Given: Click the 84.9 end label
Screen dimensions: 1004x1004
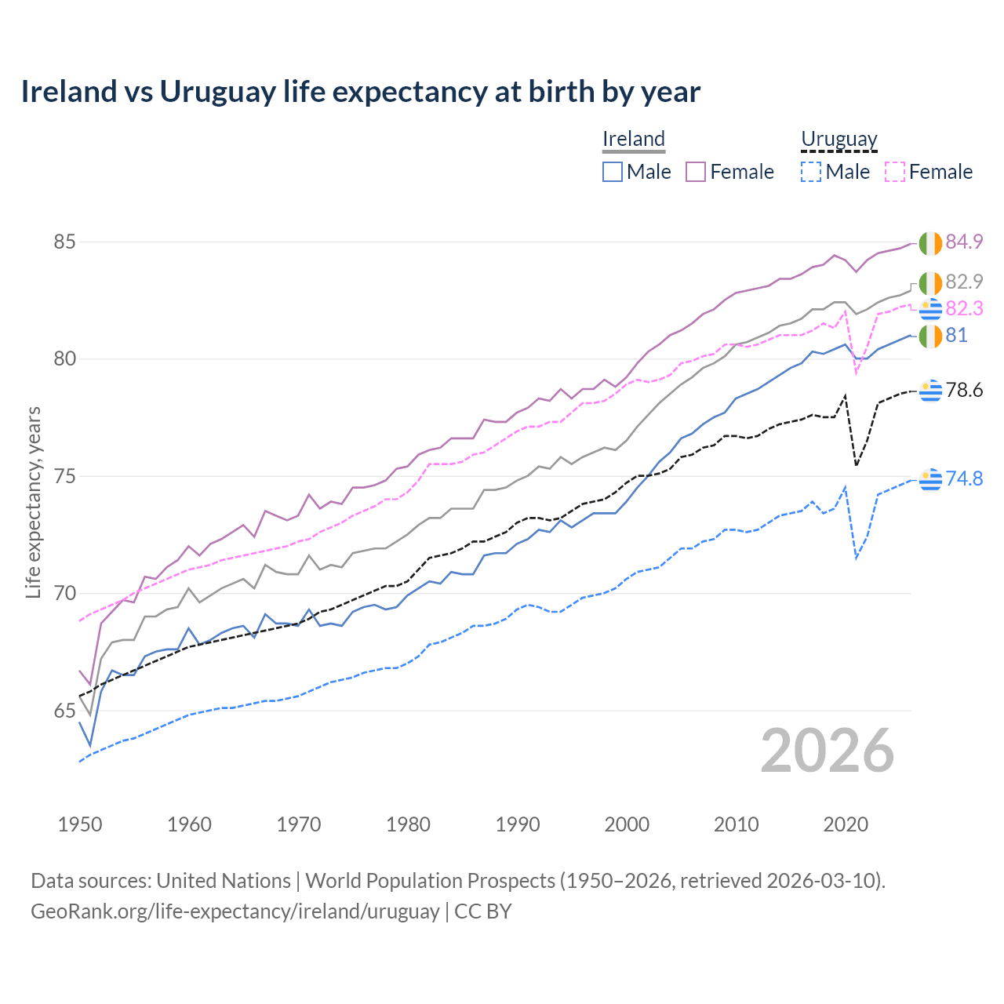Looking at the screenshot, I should point(964,242).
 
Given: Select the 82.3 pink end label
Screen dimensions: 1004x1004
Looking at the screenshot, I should point(964,309).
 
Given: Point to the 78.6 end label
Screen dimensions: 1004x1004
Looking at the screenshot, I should point(964,390).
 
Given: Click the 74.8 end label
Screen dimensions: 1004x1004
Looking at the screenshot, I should point(964,478).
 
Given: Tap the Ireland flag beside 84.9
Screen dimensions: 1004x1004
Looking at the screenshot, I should point(930,243).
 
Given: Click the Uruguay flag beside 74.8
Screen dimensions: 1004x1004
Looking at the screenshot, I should point(930,478).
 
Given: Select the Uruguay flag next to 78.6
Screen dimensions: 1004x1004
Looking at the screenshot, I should point(930,390).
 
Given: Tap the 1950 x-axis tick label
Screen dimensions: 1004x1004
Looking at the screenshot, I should point(80,824).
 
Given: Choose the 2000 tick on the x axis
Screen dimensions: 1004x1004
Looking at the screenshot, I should point(627,824).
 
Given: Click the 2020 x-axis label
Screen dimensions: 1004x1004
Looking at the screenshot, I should point(846,824).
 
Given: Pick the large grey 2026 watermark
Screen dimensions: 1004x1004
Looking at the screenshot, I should point(828,751).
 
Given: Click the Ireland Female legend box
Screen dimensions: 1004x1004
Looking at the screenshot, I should point(696,172).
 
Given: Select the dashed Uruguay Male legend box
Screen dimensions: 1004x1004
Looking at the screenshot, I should point(811,172).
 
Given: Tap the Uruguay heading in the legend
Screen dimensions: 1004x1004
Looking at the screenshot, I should point(838,140).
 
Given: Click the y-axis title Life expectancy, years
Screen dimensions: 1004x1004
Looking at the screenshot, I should point(34,502).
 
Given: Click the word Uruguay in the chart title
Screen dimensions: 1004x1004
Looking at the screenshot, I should point(218,93).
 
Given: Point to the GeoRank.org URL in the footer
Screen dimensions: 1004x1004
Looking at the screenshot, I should point(235,911).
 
